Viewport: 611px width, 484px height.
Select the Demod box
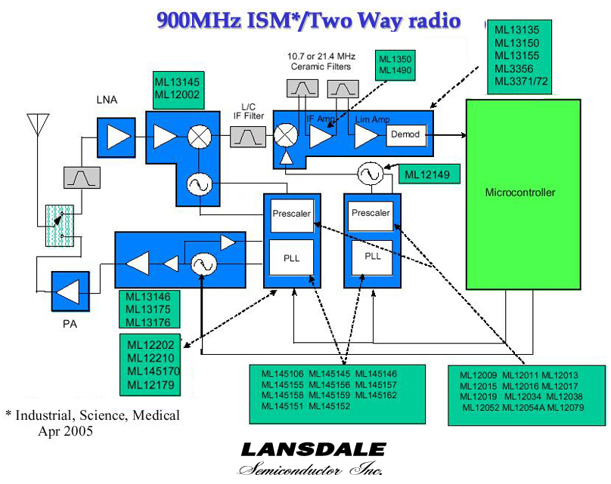(405, 134)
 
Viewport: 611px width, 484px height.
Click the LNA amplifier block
(116, 137)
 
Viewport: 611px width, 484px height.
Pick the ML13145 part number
(177, 82)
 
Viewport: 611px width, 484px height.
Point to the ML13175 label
(148, 310)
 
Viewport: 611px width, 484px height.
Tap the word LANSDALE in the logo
(313, 451)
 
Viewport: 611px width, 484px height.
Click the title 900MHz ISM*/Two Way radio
(309, 21)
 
